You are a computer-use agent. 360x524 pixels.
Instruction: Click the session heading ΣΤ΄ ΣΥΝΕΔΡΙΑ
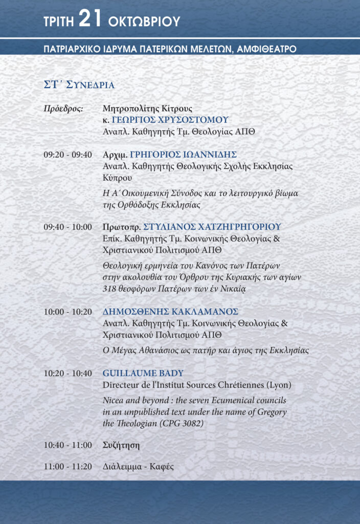pyautogui.click(x=79, y=84)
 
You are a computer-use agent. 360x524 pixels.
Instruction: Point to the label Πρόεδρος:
pyautogui.click(x=63, y=108)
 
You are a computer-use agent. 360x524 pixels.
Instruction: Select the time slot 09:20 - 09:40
pyautogui.click(x=68, y=155)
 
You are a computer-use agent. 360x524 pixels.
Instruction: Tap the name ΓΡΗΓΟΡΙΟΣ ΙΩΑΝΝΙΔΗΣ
pyautogui.click(x=183, y=155)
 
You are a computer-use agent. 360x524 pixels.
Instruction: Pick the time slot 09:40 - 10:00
pyautogui.click(x=68, y=227)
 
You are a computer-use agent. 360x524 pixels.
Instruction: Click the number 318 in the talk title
pyautogui.click(x=111, y=289)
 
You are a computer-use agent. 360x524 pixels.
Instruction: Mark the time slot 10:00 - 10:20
pyautogui.click(x=68, y=312)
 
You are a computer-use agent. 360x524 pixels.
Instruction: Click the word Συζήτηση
pyautogui.click(x=121, y=445)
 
